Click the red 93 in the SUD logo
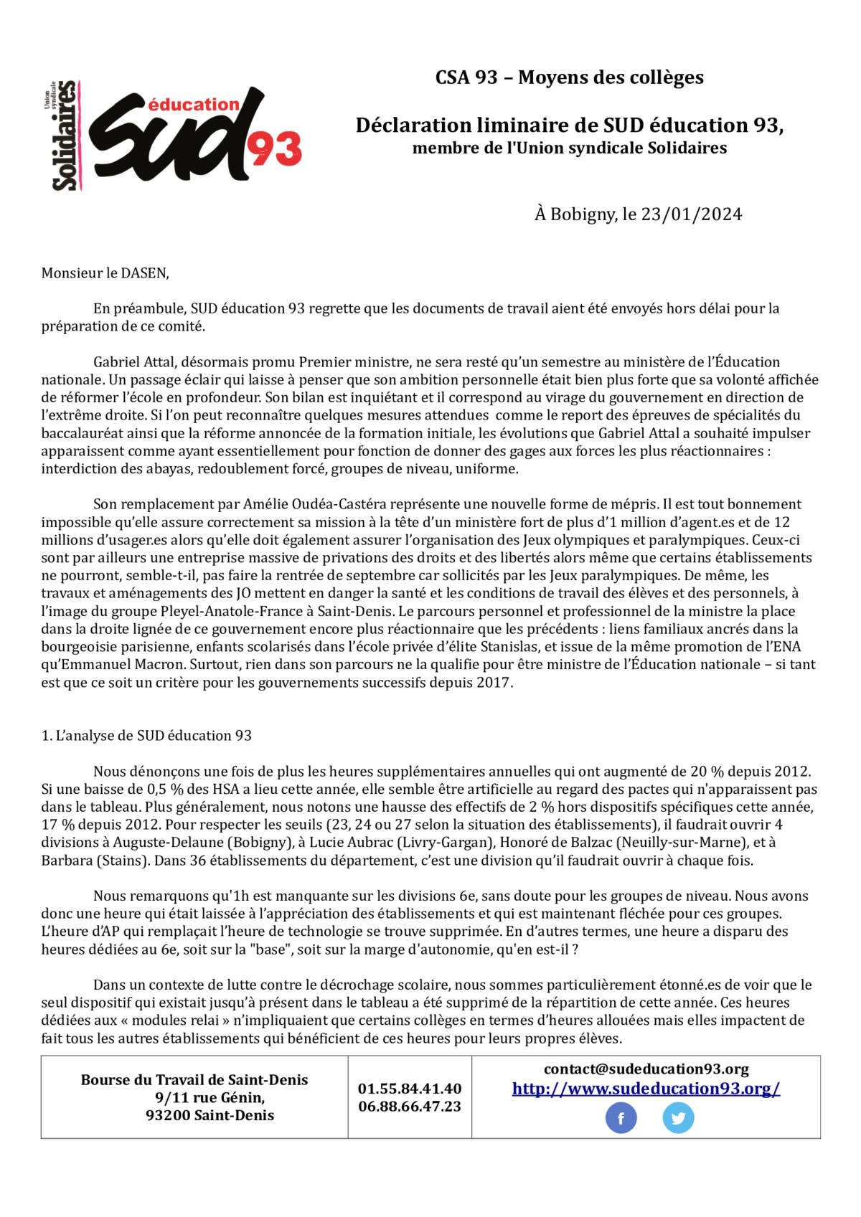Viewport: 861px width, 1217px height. (275, 150)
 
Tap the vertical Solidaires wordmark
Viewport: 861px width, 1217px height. (65, 136)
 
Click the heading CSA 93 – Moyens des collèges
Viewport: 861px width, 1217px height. (569, 77)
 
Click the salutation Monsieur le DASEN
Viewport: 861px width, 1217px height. (105, 273)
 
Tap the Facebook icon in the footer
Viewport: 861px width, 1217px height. (621, 1118)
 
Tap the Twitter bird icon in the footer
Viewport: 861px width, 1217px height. (678, 1118)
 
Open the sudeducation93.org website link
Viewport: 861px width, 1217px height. (646, 1089)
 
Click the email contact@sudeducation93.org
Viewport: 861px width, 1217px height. (646, 1069)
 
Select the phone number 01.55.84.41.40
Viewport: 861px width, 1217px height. (410, 1089)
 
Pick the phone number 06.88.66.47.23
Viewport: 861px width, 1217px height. (410, 1107)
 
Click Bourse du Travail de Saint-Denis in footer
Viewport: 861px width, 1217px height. (194, 1080)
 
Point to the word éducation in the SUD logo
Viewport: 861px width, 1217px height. (193, 105)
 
